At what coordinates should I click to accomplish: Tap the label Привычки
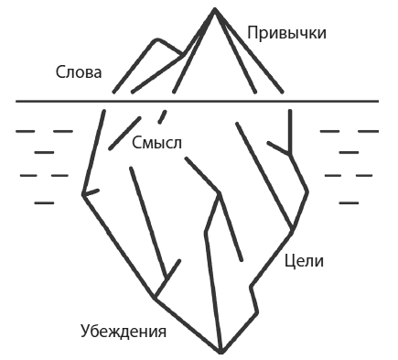(x=286, y=33)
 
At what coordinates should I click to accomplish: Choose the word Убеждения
(x=123, y=332)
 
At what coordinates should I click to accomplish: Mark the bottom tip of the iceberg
(x=221, y=352)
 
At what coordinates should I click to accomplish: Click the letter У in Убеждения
(x=84, y=332)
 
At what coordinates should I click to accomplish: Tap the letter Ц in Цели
(x=289, y=261)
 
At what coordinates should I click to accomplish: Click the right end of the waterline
(x=381, y=100)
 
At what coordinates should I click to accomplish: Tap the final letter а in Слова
(x=98, y=73)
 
